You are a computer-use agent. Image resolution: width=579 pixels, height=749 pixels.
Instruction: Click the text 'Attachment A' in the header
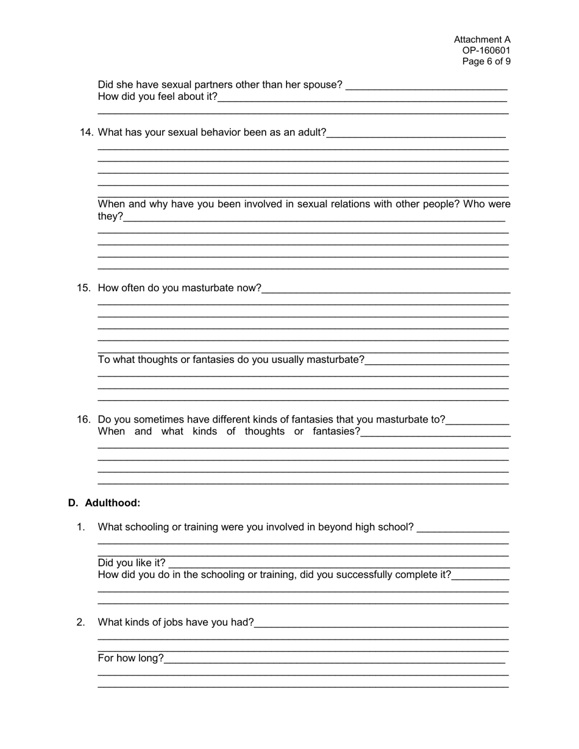coord(481,40)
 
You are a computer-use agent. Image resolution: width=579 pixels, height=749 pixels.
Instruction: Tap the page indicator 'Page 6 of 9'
coord(486,62)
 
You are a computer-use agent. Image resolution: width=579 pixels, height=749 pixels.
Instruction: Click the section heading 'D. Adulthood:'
coord(104,503)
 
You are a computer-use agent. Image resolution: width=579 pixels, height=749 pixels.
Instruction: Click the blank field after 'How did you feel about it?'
coord(362,97)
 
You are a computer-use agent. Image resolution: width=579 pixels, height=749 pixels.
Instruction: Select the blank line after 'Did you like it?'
coord(338,563)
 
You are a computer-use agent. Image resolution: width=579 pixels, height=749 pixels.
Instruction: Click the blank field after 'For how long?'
coord(334,658)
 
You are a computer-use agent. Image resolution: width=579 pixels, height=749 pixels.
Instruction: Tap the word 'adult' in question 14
coord(310,132)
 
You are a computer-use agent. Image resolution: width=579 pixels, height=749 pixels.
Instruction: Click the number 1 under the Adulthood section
coord(80,527)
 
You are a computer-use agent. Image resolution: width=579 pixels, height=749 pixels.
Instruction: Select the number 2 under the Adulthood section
coord(80,622)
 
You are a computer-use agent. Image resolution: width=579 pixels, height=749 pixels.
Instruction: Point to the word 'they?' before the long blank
coord(110,216)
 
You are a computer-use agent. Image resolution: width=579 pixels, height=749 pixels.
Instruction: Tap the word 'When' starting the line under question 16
coord(111,432)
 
